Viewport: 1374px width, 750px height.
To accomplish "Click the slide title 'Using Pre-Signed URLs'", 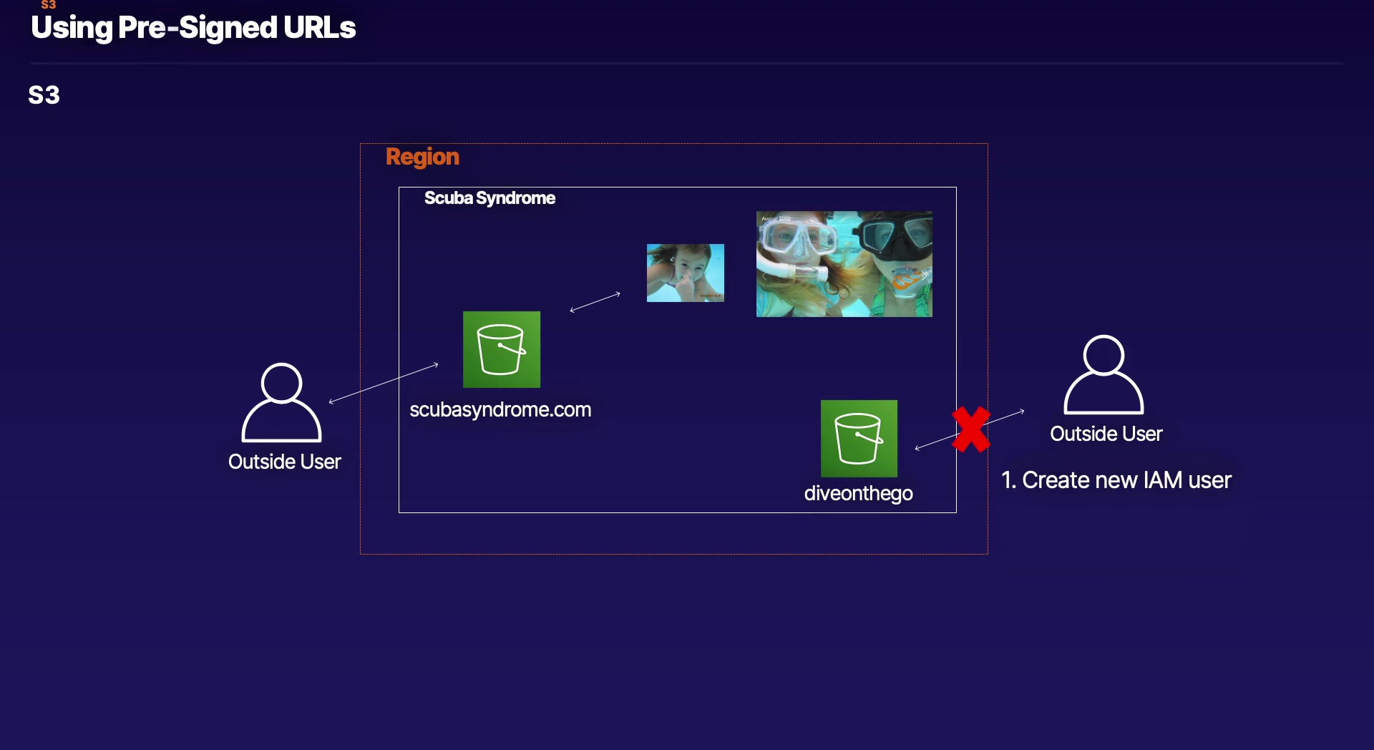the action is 193,28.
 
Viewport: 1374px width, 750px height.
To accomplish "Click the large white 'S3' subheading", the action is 44,95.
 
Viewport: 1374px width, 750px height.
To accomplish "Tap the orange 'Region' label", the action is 422,157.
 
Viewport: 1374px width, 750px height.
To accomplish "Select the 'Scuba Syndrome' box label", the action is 489,198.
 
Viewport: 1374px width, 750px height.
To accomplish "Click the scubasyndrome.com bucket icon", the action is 502,349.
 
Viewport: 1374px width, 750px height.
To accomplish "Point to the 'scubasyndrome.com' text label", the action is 500,410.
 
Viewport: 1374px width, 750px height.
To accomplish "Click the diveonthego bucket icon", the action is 859,438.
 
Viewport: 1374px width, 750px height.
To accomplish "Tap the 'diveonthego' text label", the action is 858,494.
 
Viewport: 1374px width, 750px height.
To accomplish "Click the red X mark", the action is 971,429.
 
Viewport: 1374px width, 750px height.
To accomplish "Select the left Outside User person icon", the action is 281,402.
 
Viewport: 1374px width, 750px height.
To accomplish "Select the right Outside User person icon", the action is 1103,374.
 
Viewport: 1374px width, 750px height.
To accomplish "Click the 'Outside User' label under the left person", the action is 285,462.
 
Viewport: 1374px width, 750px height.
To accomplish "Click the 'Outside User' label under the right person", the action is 1106,434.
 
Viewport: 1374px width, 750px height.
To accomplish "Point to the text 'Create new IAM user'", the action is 1126,480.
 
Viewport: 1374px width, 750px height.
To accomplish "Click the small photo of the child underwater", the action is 686,273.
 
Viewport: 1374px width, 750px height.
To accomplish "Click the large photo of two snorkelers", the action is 844,264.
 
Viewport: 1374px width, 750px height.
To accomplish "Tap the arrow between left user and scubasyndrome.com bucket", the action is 384,384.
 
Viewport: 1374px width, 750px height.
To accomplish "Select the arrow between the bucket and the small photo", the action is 595,302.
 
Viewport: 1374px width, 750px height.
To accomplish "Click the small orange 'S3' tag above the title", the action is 49,4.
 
